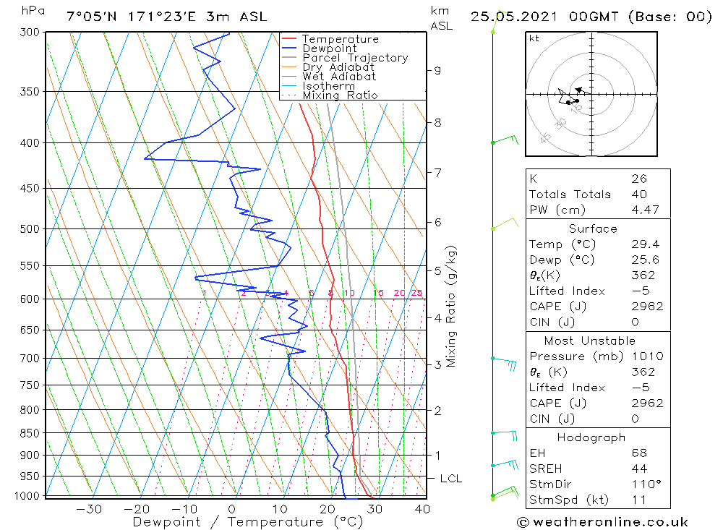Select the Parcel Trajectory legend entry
pos(354,58)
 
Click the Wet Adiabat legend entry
pos(338,77)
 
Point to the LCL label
pos(450,479)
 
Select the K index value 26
pos(638,179)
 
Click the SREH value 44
pos(638,469)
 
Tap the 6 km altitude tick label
pos(437,222)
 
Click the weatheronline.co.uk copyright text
pos(602,522)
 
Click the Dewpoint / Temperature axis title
pos(237,522)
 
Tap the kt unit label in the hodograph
pos(534,38)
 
